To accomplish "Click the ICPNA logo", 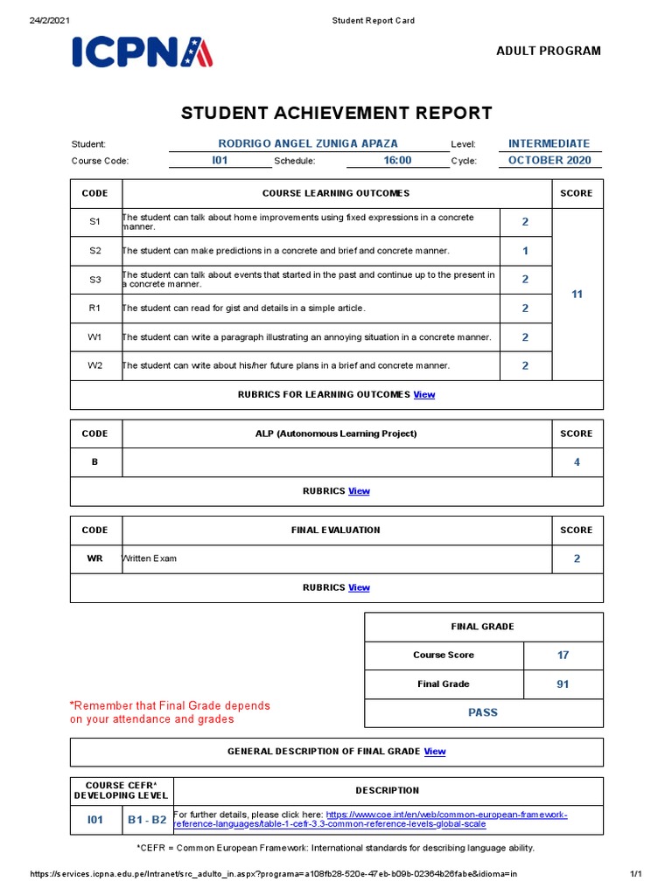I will pyautogui.click(x=143, y=52).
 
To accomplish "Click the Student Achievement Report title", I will pyautogui.click(x=336, y=113).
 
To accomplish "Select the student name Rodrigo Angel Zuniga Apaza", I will pyautogui.click(x=307, y=143).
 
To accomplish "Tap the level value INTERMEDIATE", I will pyautogui.click(x=549, y=143).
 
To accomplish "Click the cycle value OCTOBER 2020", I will pyautogui.click(x=549, y=161).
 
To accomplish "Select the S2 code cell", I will pyautogui.click(x=95, y=251).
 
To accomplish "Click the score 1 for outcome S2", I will pyautogui.click(x=525, y=251).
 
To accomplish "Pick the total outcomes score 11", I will pyautogui.click(x=577, y=295).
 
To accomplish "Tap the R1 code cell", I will pyautogui.click(x=95, y=309).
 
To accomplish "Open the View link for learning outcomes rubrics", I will pyautogui.click(x=424, y=395).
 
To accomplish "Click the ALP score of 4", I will pyautogui.click(x=577, y=462).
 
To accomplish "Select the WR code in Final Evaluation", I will pyautogui.click(x=95, y=559).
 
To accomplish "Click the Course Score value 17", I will pyautogui.click(x=563, y=656).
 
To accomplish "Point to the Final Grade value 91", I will pyautogui.click(x=563, y=684).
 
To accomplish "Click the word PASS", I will pyautogui.click(x=483, y=713).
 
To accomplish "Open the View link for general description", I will pyautogui.click(x=435, y=752).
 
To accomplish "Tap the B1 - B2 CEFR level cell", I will pyautogui.click(x=147, y=820).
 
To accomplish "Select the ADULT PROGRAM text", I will pyautogui.click(x=549, y=51).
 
